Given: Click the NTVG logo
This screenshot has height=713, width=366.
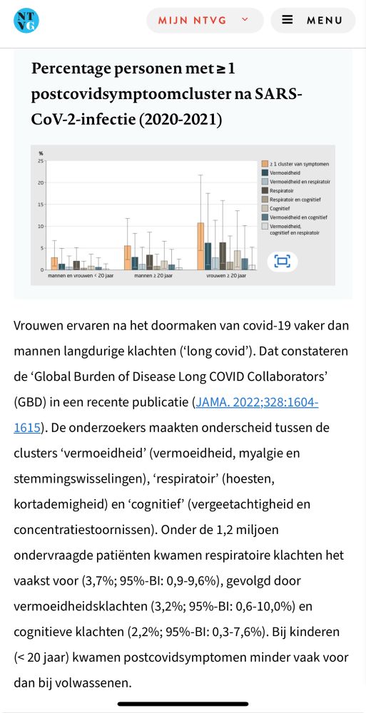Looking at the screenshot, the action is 26,20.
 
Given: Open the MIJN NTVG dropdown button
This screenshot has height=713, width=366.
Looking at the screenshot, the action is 204,20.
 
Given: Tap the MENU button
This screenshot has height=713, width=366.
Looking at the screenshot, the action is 312,20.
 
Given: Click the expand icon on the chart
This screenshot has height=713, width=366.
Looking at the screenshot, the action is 283,261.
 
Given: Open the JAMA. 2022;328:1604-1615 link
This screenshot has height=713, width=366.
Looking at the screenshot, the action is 257,402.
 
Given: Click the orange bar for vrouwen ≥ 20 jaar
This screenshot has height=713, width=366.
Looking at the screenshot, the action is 200,246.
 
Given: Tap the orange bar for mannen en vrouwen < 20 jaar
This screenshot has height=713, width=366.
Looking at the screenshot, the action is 54,263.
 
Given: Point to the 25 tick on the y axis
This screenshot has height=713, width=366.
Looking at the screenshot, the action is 41,161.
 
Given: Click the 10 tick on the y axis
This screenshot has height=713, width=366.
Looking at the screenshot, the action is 41,226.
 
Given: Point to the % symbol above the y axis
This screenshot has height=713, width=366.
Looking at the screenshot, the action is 41,153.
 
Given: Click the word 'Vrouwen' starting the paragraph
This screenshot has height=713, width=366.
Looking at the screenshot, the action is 39,325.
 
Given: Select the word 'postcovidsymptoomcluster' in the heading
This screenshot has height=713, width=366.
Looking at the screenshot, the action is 143,94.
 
